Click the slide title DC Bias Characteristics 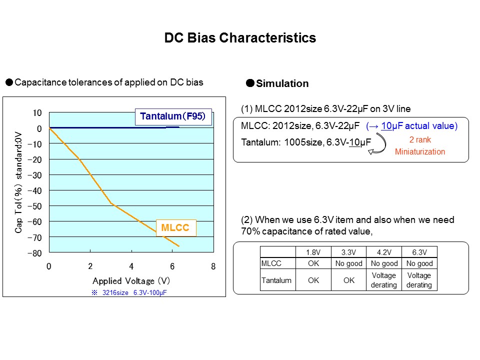(x=240, y=38)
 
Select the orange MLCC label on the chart (x=175, y=228)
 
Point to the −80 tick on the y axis (x=35, y=253)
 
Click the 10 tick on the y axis (x=37, y=113)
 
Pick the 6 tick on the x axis (x=172, y=266)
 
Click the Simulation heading (x=282, y=83)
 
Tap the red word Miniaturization (x=419, y=151)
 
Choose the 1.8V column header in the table (x=313, y=252)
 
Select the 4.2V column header (x=383, y=252)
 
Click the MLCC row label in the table (x=271, y=263)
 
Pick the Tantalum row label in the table (x=276, y=280)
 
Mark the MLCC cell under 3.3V (x=349, y=263)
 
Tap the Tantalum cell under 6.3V (x=419, y=280)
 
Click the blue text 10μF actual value (x=412, y=126)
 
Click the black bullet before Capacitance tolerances (x=9, y=82)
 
